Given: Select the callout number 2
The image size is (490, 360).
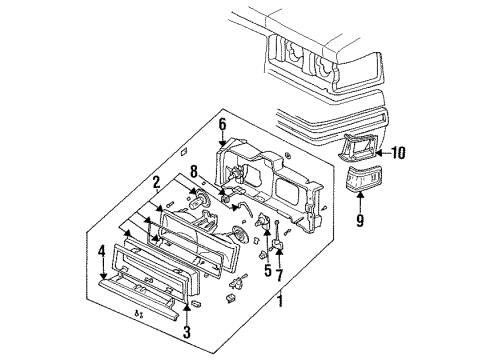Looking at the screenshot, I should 156,184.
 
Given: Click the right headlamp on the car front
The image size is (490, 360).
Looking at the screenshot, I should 329,68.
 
